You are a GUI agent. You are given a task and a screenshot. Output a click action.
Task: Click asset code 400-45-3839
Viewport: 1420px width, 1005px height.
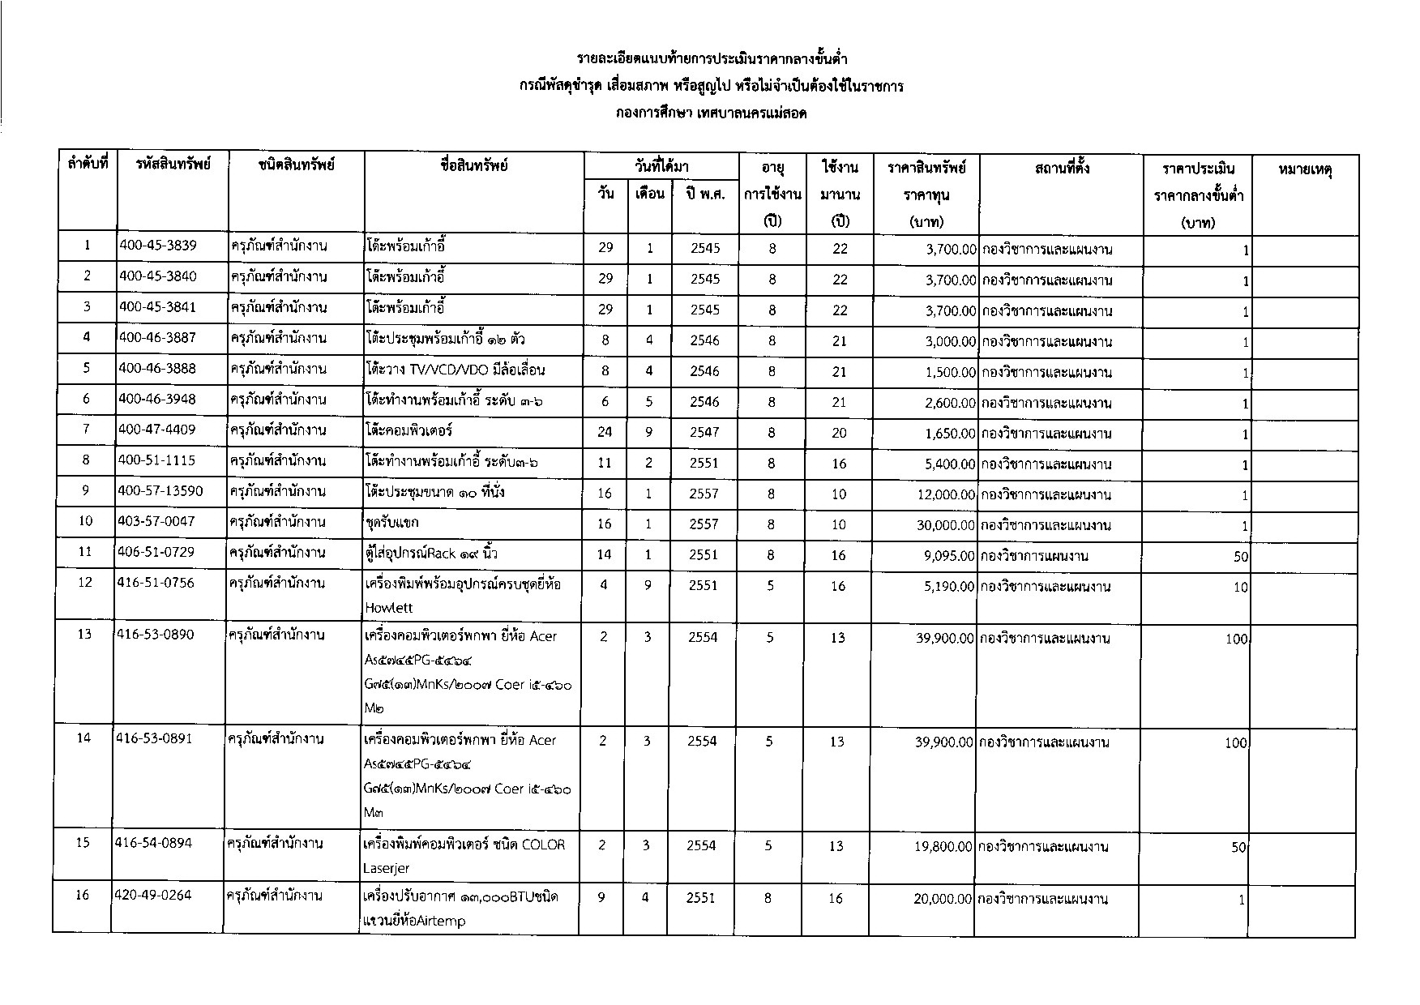pos(158,246)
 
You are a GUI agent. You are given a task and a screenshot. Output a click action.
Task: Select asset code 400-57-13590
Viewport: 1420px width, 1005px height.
pos(161,491)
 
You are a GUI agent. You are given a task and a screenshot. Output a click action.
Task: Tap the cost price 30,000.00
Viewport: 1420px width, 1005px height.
pos(946,525)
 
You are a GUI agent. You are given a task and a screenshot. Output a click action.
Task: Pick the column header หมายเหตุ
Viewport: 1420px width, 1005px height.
pos(1305,169)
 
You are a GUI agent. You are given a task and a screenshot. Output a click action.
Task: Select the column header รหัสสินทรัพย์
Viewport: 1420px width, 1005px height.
pos(173,165)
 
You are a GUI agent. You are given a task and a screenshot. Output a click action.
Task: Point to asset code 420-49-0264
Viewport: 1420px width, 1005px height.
pos(154,896)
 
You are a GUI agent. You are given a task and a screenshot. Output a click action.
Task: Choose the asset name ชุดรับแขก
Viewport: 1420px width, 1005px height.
pos(392,523)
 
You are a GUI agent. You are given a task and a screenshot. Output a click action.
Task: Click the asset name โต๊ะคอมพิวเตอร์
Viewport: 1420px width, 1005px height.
pos(408,430)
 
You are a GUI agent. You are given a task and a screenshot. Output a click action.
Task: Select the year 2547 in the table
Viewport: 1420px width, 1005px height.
pos(704,433)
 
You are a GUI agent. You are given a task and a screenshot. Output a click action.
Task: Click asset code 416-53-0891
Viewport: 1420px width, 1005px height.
pos(154,739)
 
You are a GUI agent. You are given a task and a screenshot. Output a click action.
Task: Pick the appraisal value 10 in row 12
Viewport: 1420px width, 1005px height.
pos(1240,588)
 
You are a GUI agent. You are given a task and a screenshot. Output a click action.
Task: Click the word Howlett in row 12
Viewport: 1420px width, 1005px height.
pos(389,608)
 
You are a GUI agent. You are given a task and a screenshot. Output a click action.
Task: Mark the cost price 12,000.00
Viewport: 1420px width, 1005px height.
pos(946,494)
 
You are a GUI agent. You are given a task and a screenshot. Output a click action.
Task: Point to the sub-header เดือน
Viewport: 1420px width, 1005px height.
pos(650,195)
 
